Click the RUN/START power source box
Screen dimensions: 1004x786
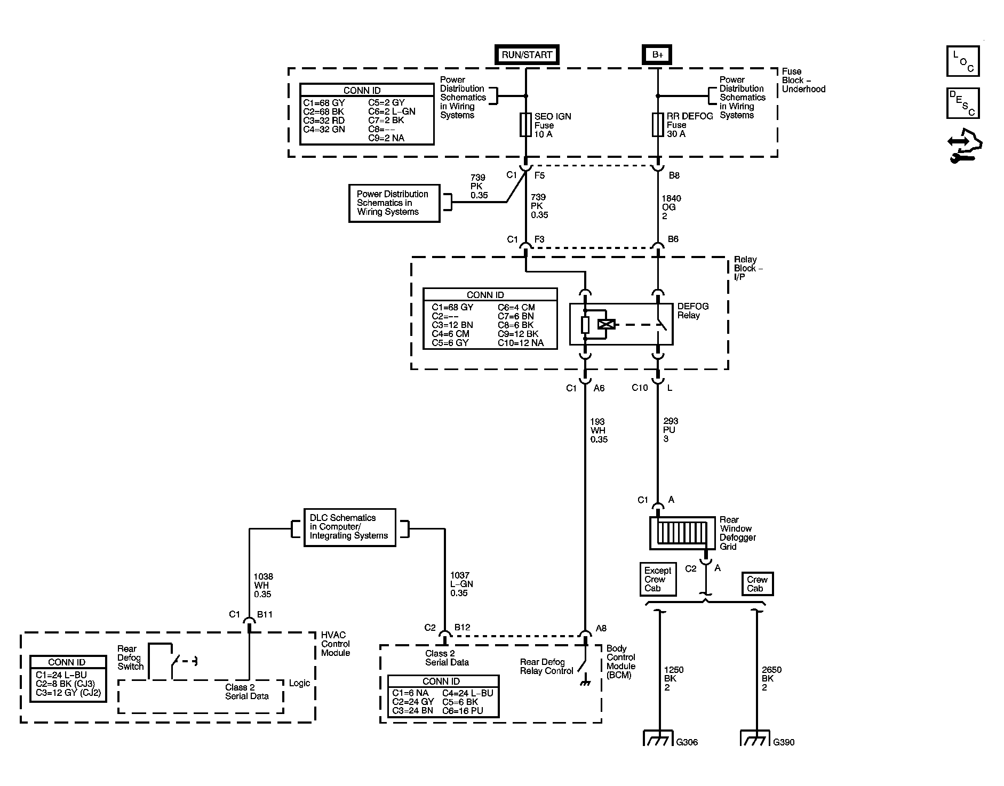click(x=527, y=54)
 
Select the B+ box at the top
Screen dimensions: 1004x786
click(x=657, y=54)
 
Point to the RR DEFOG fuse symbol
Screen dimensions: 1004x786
click(x=657, y=124)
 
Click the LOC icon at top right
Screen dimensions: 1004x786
click(x=963, y=61)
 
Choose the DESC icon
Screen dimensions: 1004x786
click(x=963, y=103)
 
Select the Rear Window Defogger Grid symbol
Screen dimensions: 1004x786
click(x=682, y=533)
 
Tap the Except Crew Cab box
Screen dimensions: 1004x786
click(x=658, y=579)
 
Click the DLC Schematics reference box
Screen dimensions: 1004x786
click(x=349, y=527)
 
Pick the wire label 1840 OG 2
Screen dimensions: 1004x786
click(x=671, y=207)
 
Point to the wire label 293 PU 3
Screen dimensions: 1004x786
click(x=671, y=430)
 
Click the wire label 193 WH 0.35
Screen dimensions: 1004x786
click(x=599, y=430)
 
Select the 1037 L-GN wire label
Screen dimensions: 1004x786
click(x=461, y=584)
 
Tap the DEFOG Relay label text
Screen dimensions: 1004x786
click(x=693, y=311)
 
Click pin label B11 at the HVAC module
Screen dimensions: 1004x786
click(x=265, y=614)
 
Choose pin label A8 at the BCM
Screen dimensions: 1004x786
click(x=601, y=628)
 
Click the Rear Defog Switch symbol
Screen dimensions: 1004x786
click(x=172, y=661)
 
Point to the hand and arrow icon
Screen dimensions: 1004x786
click(x=965, y=145)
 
